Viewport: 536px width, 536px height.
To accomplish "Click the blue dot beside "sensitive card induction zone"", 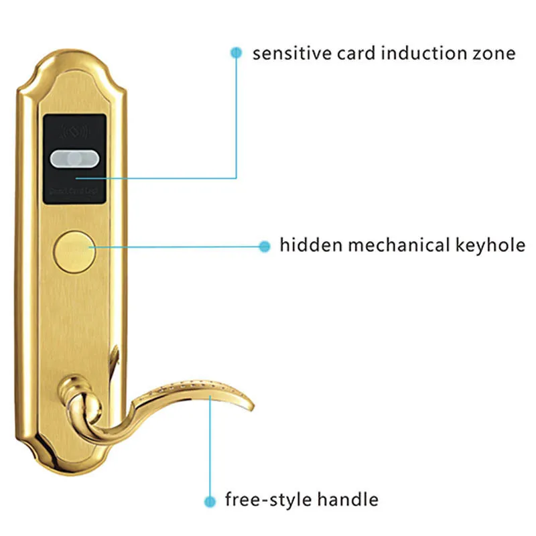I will click(x=235, y=52).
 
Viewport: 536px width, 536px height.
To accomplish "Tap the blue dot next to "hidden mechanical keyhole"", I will click(x=264, y=246).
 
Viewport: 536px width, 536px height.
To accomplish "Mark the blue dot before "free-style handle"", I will click(x=210, y=500).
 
